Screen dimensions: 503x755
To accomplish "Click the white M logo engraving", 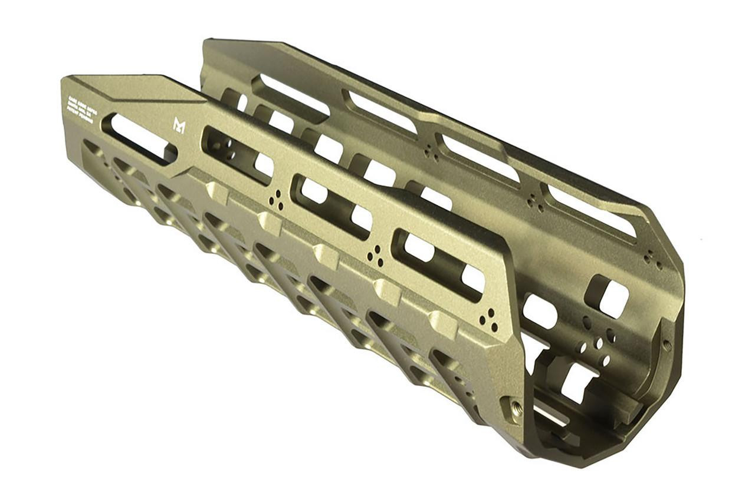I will [x=179, y=124].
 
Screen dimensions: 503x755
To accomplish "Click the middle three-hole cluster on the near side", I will [x=375, y=257].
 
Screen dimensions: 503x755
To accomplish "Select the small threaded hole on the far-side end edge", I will [x=667, y=344].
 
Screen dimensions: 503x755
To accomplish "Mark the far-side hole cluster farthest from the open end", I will [x=431, y=153].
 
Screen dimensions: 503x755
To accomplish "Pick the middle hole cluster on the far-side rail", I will [x=536, y=203].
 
